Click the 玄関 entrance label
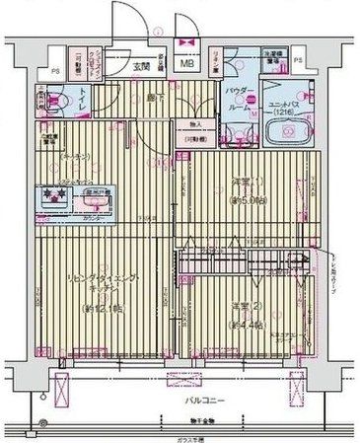coord(141,67)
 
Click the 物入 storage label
coord(195,124)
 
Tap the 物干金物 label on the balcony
coord(189,423)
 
